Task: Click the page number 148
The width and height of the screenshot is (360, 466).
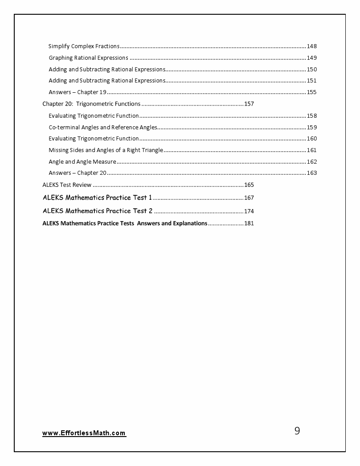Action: point(311,46)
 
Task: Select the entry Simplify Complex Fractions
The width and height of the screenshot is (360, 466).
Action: point(84,46)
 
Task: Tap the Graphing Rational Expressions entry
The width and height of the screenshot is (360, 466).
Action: point(88,58)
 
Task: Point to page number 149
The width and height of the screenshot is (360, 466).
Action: point(311,58)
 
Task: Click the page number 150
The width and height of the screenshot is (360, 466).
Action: point(311,70)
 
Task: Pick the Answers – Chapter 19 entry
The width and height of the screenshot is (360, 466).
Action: point(77,92)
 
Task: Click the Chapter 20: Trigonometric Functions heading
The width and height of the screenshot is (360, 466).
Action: point(91,104)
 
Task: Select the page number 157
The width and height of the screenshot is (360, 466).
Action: point(249,104)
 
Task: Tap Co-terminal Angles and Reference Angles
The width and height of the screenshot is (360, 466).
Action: point(102,127)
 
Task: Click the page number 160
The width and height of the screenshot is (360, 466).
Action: point(311,139)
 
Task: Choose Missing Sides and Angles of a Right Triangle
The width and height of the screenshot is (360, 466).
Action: point(106,150)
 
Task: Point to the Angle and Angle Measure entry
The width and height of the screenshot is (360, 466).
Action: point(82,161)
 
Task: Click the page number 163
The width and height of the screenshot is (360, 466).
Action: point(311,173)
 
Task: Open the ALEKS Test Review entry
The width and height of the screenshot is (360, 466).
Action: point(67,185)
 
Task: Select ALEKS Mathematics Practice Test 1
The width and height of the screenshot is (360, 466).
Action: point(98,198)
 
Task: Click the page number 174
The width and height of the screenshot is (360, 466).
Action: point(249,211)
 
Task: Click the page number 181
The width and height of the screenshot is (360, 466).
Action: point(249,223)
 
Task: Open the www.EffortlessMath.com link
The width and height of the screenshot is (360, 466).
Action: point(84,433)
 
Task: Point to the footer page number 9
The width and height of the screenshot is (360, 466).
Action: point(297,431)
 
